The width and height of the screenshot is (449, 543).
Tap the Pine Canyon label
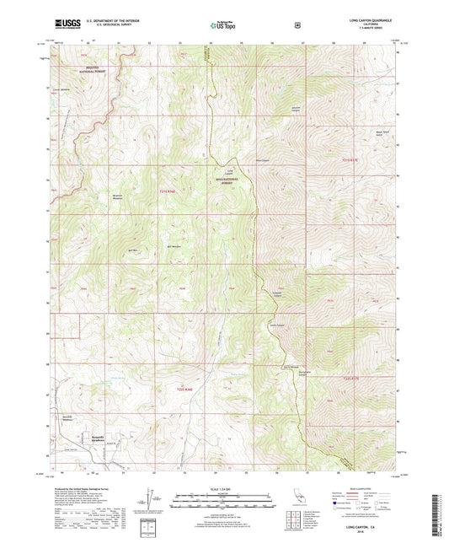pos(238,157)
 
